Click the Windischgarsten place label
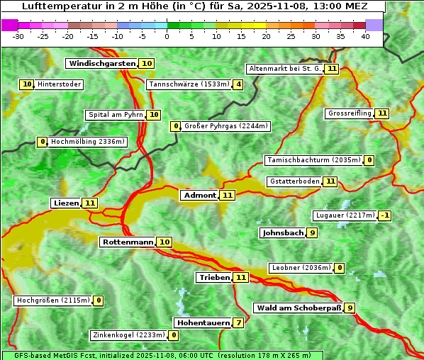click(x=101, y=64)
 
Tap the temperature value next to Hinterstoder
click(x=27, y=84)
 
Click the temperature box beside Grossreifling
click(x=382, y=113)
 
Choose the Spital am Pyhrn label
click(x=116, y=115)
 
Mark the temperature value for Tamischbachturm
click(x=369, y=160)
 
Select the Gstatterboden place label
click(x=294, y=181)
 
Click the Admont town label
click(x=199, y=195)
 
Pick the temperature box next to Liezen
click(x=89, y=203)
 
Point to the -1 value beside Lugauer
click(x=384, y=215)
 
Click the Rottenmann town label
click(x=128, y=242)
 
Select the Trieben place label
click(x=214, y=277)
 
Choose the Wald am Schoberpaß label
click(x=298, y=308)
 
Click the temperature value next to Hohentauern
click(x=238, y=323)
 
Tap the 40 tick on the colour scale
click(x=365, y=35)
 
